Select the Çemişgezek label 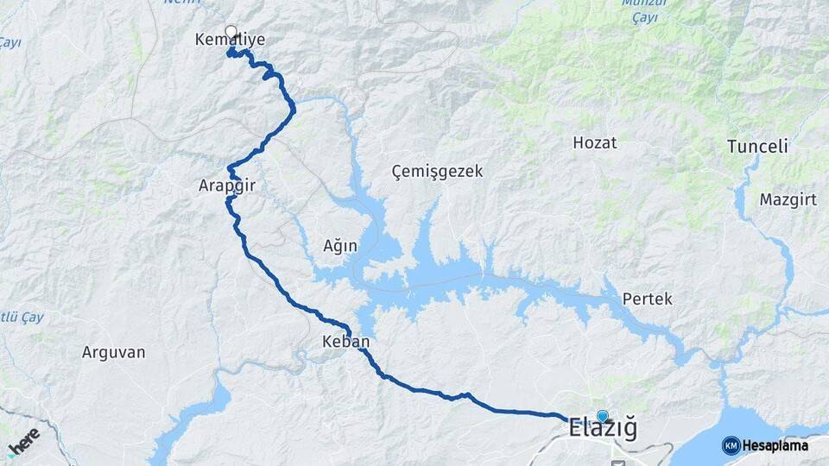coord(436,172)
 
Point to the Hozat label coord(595,143)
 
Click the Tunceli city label coord(757,147)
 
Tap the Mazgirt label coord(782,200)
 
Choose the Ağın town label coord(340,246)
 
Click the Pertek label coord(647,299)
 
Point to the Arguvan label coord(113,352)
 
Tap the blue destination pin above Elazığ coord(602,416)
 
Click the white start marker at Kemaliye coord(231,32)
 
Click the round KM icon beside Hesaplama coord(731,445)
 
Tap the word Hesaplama coord(775,446)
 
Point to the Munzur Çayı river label coord(639,9)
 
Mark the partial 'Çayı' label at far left coord(9,42)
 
